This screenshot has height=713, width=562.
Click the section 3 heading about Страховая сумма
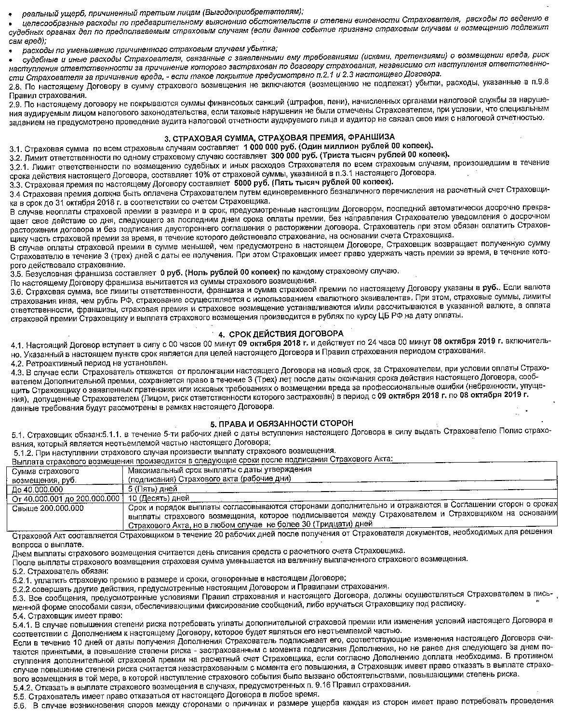[280, 137]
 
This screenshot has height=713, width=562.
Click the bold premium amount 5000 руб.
[254, 183]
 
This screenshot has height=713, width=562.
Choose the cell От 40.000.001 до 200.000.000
[66, 498]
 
